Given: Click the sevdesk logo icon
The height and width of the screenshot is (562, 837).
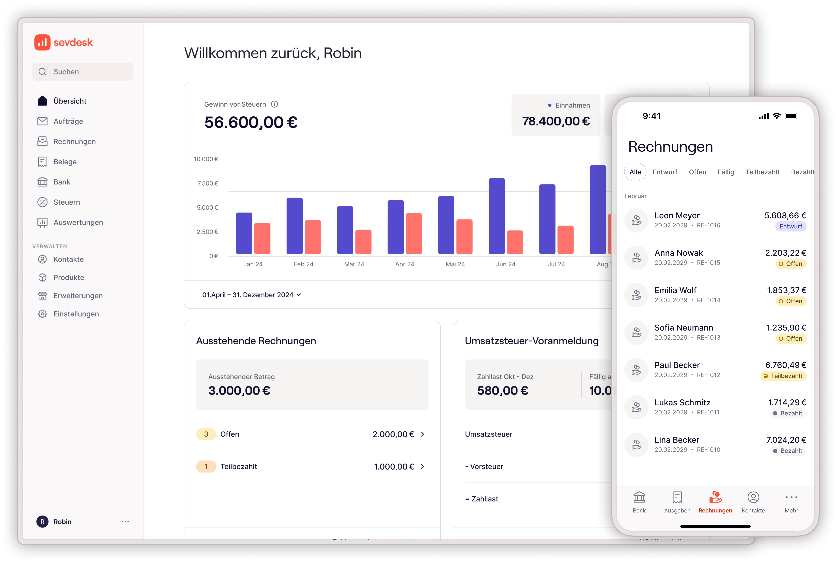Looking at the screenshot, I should point(42,42).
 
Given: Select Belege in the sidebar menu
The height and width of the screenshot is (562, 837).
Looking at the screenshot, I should point(65,162).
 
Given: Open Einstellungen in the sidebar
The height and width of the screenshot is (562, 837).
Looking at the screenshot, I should point(76,314).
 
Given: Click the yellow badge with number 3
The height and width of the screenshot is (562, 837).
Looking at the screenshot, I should point(206,434).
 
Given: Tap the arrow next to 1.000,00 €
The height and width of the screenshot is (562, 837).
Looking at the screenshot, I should point(423,466).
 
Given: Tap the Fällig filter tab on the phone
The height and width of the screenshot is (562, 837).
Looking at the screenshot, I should point(725,172).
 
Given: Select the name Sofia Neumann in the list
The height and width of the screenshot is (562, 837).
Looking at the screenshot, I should point(684,328).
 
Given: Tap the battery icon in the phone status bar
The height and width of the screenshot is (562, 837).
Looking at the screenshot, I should point(791,116).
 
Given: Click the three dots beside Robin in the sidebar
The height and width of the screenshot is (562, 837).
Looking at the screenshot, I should point(125,522).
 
